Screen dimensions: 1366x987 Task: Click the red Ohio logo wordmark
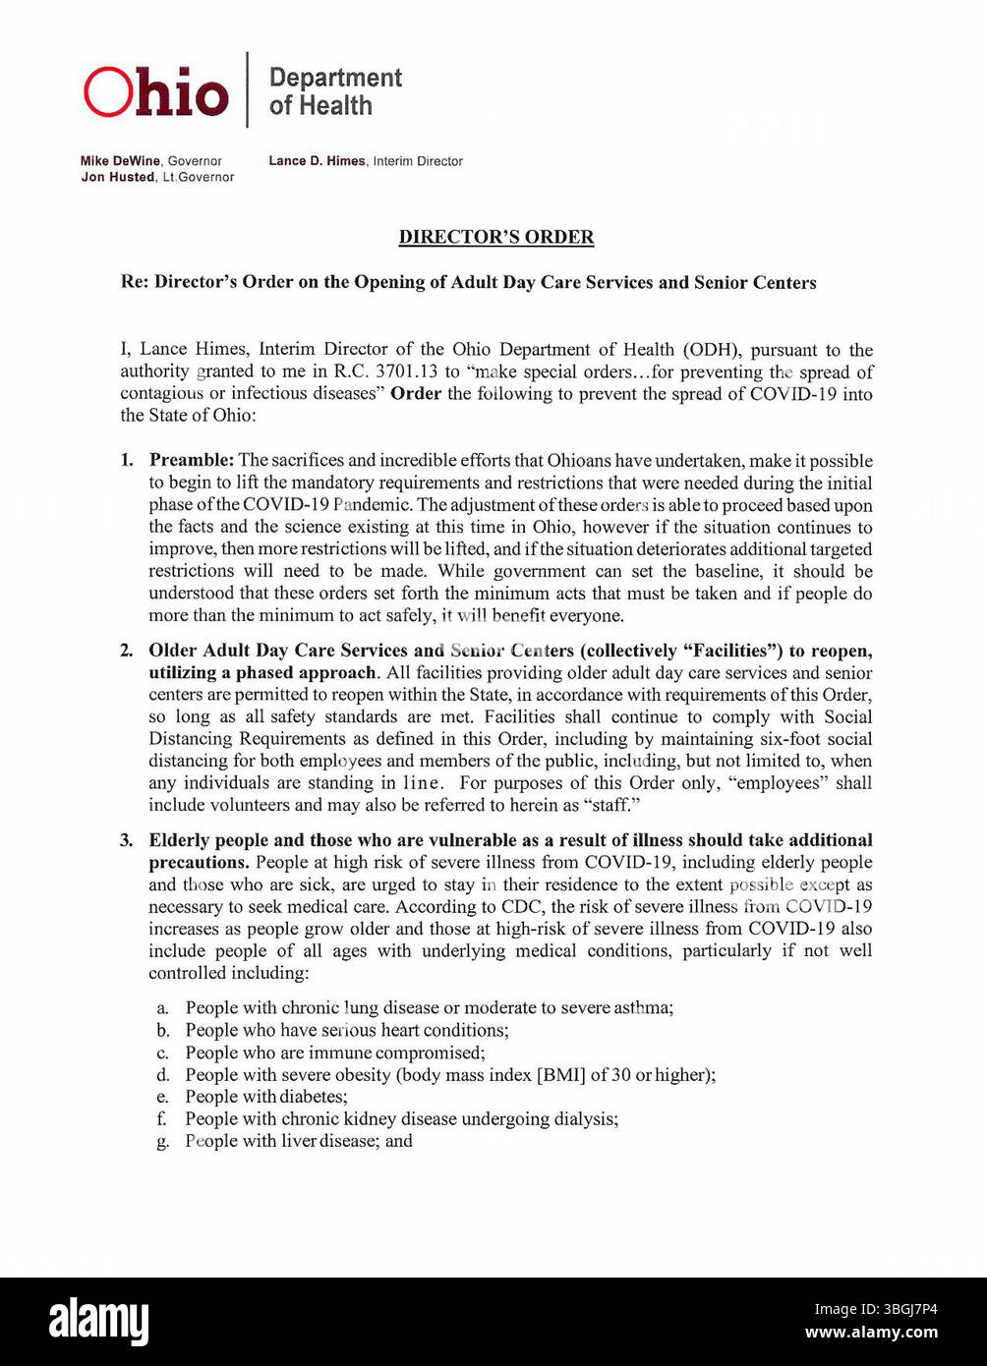155,93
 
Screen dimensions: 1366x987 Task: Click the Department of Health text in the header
334,91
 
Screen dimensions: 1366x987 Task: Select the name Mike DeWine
121,161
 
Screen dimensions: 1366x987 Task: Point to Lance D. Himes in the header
317,161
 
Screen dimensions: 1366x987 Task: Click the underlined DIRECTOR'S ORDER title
495,237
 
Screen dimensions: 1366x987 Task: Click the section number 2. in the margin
127,651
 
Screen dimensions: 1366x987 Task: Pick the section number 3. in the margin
127,840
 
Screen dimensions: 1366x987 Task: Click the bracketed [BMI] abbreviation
560,1075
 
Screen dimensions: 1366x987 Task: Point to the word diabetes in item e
313,1097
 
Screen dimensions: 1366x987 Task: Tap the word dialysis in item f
587,1119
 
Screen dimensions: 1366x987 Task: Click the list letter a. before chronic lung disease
162,1008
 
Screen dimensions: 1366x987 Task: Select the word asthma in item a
642,1008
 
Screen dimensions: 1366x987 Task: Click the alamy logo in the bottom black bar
99,1322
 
